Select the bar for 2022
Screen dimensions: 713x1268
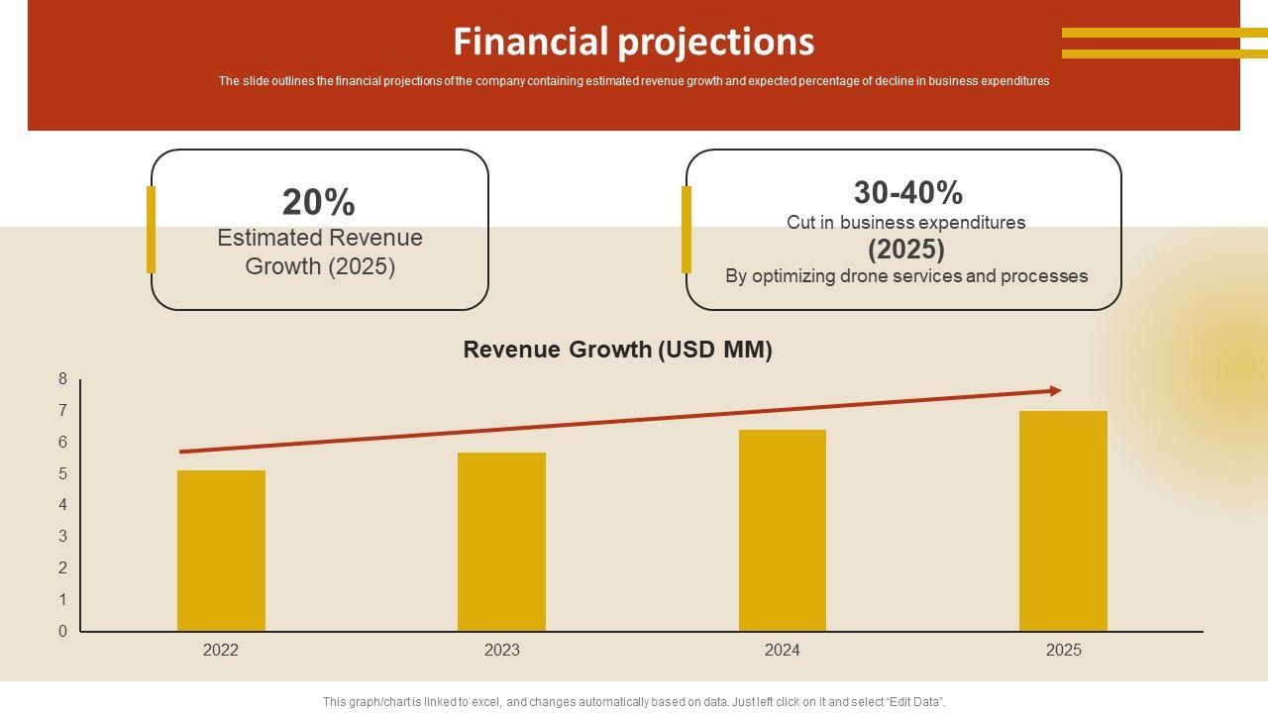(x=221, y=551)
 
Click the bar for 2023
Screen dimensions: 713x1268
(x=501, y=542)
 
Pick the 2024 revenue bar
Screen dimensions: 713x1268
(x=782, y=531)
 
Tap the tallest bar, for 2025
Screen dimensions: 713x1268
(x=1063, y=521)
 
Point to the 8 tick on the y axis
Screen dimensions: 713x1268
(x=63, y=378)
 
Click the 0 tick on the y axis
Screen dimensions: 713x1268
(x=63, y=631)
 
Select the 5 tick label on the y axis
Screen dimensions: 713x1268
(x=63, y=473)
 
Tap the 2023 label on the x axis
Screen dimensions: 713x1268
(x=501, y=651)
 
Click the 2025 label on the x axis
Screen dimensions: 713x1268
(x=1063, y=651)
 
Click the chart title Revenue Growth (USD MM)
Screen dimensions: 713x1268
(x=617, y=350)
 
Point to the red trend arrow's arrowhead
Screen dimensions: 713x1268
(x=1056, y=391)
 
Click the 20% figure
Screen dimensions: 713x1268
(x=318, y=202)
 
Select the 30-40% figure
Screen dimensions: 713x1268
(x=907, y=192)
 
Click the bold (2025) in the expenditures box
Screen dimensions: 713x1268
(x=906, y=249)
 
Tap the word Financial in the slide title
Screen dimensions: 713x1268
(x=530, y=42)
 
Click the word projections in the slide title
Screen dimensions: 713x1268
(x=716, y=43)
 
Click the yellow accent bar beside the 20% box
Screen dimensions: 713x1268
(x=151, y=230)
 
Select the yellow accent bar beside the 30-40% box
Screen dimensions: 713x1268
(x=686, y=230)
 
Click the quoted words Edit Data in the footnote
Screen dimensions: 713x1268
(x=917, y=702)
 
